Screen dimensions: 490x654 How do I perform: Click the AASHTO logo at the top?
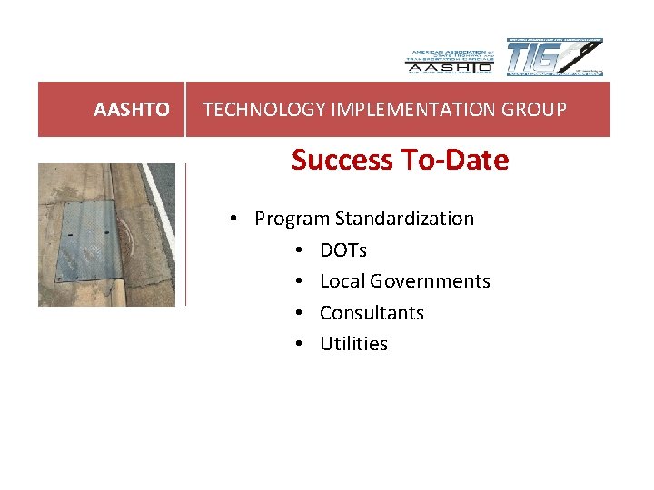(449, 59)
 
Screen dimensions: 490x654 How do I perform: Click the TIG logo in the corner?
(553, 58)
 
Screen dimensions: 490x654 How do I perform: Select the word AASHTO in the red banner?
(131, 110)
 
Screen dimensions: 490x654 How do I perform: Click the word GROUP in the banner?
(535, 110)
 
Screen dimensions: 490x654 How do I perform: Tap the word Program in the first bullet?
(292, 219)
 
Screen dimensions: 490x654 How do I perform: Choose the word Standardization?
(404, 219)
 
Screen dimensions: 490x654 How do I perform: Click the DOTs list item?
(343, 250)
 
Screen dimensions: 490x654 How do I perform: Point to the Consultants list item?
(372, 313)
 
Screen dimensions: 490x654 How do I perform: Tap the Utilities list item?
(353, 344)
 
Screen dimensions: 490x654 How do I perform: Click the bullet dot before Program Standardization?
(234, 220)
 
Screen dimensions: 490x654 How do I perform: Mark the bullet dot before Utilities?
(300, 345)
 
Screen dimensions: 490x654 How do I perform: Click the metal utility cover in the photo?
(85, 240)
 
